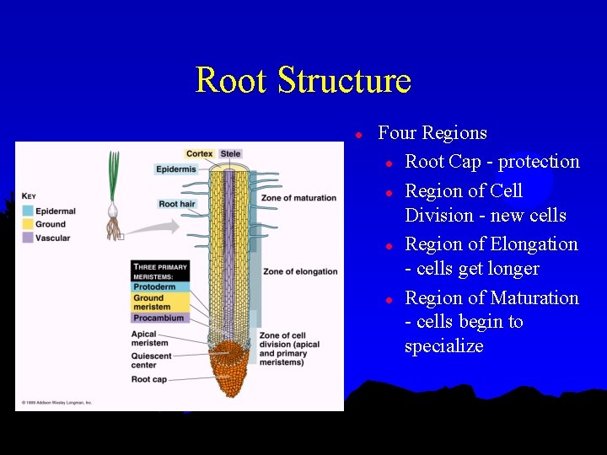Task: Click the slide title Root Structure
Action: (303, 80)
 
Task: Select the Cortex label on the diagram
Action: (200, 153)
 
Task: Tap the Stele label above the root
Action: (230, 153)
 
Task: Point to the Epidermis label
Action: (175, 169)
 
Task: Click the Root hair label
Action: (177, 204)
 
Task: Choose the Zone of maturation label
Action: (298, 198)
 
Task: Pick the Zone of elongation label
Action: (300, 271)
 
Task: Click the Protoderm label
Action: (153, 287)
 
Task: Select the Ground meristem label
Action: (150, 302)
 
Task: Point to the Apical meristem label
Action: (150, 339)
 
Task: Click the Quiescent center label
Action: (152, 360)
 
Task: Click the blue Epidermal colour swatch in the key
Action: (29, 211)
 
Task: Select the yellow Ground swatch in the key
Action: (29, 224)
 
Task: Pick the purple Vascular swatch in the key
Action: (29, 238)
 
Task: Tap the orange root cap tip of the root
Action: (228, 371)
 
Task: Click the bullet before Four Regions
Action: (358, 134)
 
